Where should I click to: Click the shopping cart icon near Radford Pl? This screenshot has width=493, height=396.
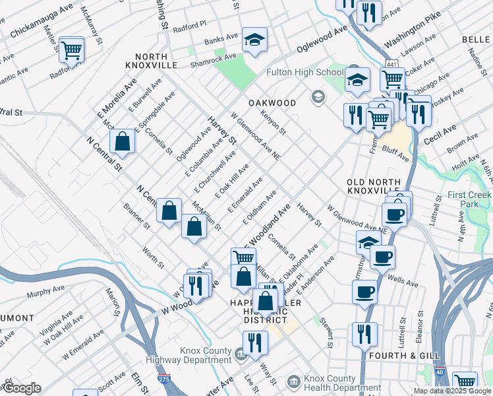click(x=71, y=49)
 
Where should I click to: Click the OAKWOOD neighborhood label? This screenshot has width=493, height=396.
click(x=272, y=103)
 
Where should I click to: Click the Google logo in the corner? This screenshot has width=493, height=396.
click(x=21, y=388)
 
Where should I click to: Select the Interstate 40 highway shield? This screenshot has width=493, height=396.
click(x=440, y=373)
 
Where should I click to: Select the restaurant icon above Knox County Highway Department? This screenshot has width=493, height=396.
click(x=254, y=342)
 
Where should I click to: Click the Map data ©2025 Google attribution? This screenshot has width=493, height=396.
click(x=453, y=391)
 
